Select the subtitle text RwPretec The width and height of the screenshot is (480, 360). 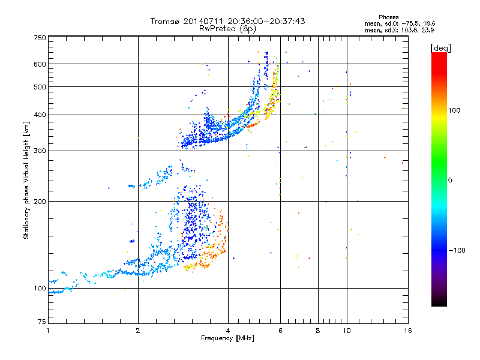[x=217, y=29]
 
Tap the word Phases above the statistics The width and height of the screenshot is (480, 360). [x=388, y=17]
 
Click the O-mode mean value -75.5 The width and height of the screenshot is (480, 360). [x=409, y=23]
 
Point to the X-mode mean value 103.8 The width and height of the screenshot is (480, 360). [x=407, y=30]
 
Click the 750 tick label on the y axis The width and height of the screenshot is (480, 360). [x=40, y=38]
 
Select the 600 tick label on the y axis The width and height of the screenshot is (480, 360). [x=40, y=64]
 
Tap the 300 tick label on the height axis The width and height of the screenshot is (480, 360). [x=40, y=151]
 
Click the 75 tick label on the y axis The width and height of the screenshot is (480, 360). [x=41, y=322]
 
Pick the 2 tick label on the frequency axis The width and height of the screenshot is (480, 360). [x=138, y=331]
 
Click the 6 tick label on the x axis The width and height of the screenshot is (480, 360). [x=280, y=331]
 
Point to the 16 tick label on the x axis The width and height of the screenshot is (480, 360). [x=408, y=331]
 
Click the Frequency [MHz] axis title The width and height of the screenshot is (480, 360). [x=227, y=338]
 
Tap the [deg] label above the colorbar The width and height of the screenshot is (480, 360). [x=440, y=48]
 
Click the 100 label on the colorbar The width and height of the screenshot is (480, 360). [x=454, y=110]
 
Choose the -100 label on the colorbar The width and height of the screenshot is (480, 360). [x=457, y=250]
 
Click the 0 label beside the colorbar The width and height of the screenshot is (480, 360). [x=450, y=180]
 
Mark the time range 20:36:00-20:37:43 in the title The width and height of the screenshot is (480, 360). [x=266, y=21]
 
